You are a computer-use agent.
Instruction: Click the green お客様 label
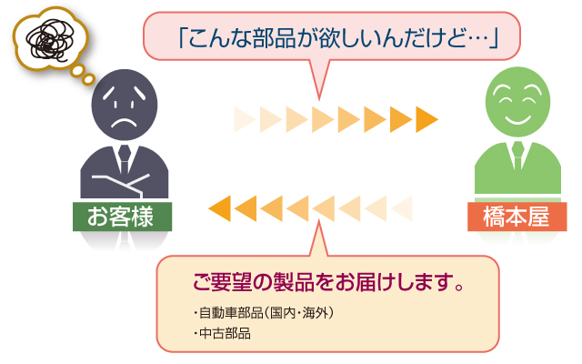coord(122,217)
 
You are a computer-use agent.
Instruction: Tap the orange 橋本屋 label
coord(517,217)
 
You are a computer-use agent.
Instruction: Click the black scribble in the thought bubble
coord(50,40)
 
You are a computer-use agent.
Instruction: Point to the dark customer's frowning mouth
coord(125,123)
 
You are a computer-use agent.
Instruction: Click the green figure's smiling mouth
coord(517,119)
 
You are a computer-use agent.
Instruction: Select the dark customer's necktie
coord(125,158)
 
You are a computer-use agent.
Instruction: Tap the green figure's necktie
coord(517,155)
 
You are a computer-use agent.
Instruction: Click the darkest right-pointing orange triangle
coord(426,119)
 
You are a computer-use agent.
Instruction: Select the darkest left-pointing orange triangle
coord(220,208)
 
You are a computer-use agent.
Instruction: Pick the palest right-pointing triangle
coord(245,119)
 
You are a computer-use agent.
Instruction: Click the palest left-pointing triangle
coord(402,208)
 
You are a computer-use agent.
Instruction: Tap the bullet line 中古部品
coord(222,333)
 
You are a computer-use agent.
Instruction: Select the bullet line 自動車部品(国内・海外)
coord(264,313)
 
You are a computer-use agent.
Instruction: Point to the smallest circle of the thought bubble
coord(89,79)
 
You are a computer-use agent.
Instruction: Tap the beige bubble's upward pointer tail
coord(318,238)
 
